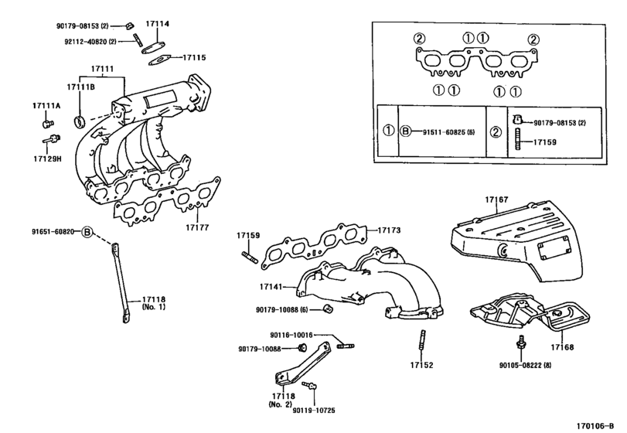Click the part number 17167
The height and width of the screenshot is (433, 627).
point(496,199)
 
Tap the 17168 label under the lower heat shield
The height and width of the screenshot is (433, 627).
point(562,347)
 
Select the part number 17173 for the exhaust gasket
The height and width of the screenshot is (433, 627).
point(389,230)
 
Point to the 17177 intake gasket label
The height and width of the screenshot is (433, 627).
point(197,227)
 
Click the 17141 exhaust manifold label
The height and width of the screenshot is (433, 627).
point(271,287)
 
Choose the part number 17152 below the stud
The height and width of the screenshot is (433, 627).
point(421,365)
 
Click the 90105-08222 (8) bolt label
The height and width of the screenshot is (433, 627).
point(525,365)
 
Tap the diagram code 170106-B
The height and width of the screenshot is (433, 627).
point(595,426)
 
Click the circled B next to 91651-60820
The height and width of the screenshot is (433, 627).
point(87,232)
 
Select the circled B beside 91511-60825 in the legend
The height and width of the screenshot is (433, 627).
point(406,131)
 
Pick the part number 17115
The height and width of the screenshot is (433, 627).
point(194,57)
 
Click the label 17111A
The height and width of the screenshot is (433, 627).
point(46,106)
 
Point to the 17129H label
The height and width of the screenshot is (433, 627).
point(48,159)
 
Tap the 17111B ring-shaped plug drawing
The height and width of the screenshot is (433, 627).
point(80,121)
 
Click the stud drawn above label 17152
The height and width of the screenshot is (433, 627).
point(422,342)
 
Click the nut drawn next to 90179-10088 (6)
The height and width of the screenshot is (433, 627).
point(328,309)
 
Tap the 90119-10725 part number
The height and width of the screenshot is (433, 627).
point(314,411)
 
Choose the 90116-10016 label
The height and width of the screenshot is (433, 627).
point(291,335)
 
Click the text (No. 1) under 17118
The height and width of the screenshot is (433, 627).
point(154,307)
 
